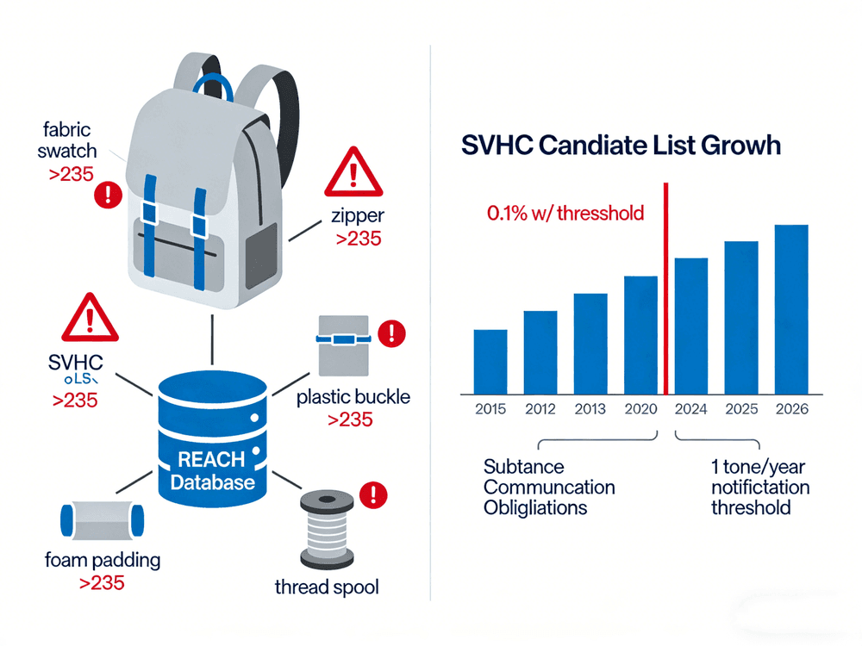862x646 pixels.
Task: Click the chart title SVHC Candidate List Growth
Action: click(621, 145)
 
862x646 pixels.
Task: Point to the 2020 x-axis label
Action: click(640, 408)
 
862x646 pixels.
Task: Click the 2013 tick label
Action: click(590, 408)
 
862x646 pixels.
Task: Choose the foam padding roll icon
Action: click(102, 519)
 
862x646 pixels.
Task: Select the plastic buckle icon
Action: click(342, 344)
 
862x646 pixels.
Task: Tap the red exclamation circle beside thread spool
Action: click(374, 494)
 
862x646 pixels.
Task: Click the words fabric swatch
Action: click(70, 142)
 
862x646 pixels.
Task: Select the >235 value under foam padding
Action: click(102, 583)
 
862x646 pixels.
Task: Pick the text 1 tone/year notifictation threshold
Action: click(759, 488)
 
